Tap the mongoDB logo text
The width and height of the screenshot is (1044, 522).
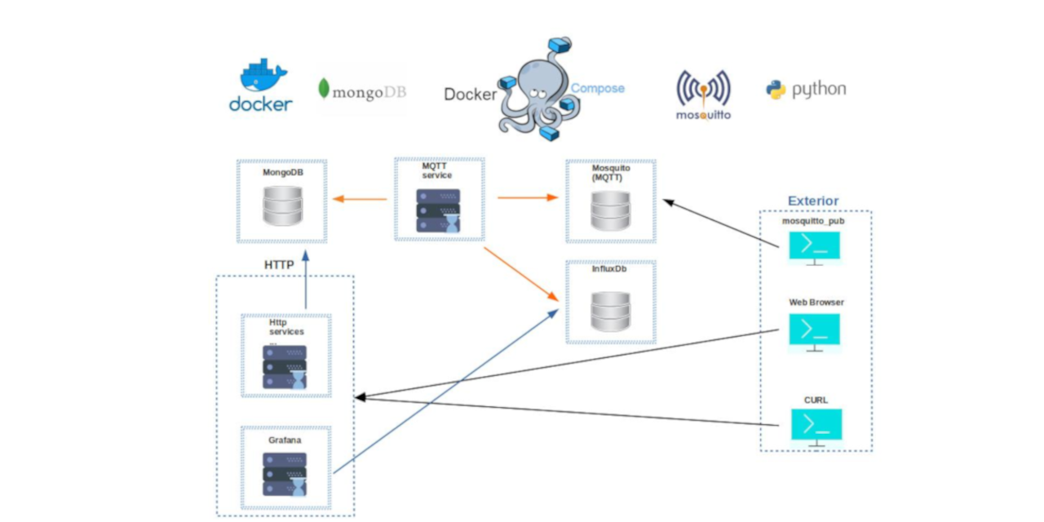[x=362, y=91]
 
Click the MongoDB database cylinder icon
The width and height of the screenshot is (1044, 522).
[x=282, y=206]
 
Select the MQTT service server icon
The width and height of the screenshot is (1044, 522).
[x=439, y=211]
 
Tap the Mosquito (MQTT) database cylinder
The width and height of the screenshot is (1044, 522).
[x=611, y=211]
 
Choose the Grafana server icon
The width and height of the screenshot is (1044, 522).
[x=285, y=474]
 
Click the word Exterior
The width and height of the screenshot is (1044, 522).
[x=812, y=201]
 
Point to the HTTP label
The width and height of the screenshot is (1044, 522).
[x=279, y=265]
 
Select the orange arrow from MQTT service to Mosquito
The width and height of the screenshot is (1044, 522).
[x=527, y=197]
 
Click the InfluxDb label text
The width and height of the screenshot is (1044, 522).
[x=610, y=268]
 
